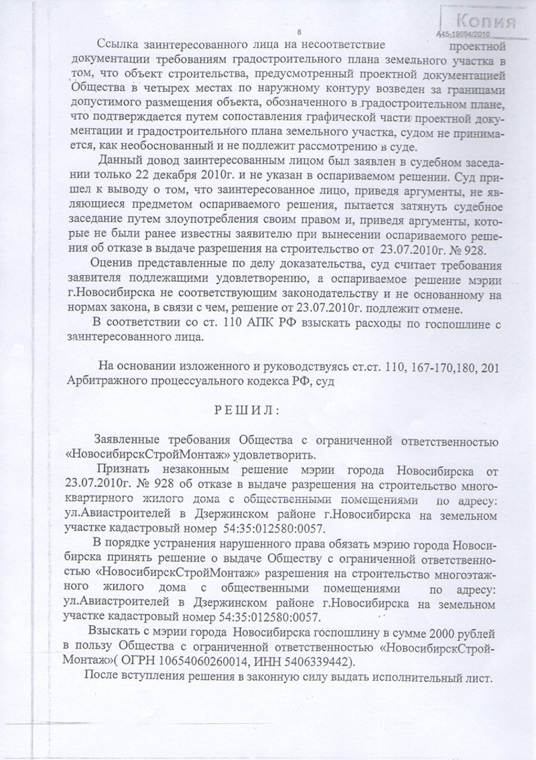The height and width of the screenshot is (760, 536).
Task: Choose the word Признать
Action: (x=124, y=468)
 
